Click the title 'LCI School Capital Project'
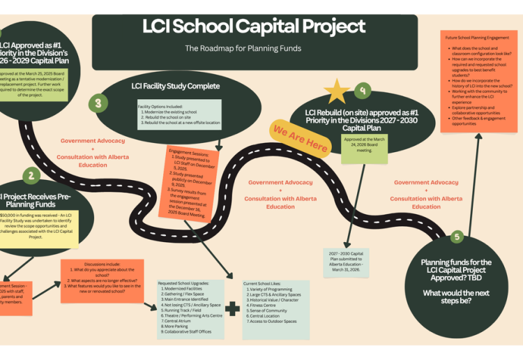254,27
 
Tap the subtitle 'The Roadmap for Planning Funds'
243,49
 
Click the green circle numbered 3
98,103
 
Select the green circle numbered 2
31,176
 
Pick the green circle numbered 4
362,90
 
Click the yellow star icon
338,91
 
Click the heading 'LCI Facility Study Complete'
175,87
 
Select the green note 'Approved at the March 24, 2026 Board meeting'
365,148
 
